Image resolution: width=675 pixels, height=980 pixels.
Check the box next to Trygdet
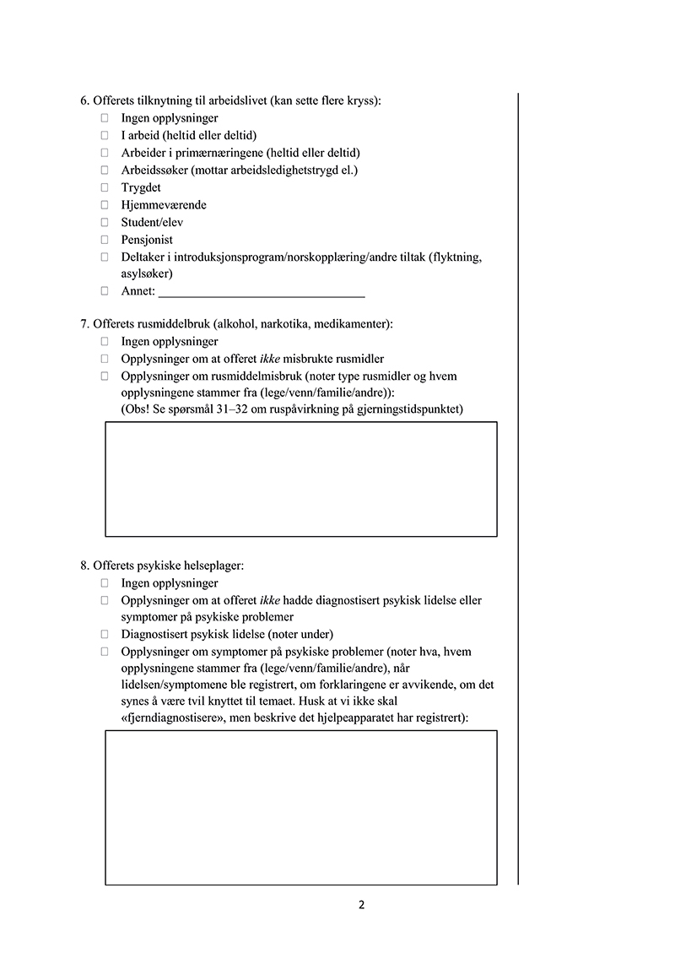(x=105, y=187)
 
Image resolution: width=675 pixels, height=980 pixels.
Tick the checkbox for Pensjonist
(x=105, y=240)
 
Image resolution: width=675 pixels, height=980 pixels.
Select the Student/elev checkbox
(x=105, y=222)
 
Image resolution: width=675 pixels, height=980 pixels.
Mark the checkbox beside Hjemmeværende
(x=105, y=205)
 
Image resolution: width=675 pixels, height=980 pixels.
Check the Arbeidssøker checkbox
(x=105, y=171)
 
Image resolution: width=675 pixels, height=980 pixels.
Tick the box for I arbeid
(x=105, y=136)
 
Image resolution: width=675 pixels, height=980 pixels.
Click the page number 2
(x=361, y=906)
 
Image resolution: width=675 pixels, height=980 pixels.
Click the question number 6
(x=84, y=101)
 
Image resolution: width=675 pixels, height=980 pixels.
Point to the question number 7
(x=84, y=324)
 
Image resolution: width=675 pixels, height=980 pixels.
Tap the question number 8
(x=84, y=566)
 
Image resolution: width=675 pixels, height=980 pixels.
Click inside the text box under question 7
(x=300, y=479)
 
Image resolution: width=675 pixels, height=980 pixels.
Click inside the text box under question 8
(x=300, y=807)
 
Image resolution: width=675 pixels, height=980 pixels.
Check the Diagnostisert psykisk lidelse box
(x=105, y=634)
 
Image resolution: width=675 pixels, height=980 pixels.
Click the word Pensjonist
(x=147, y=240)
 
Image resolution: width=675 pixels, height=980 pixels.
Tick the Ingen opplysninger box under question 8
(x=105, y=583)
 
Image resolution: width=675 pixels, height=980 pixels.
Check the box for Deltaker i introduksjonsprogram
(x=105, y=257)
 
